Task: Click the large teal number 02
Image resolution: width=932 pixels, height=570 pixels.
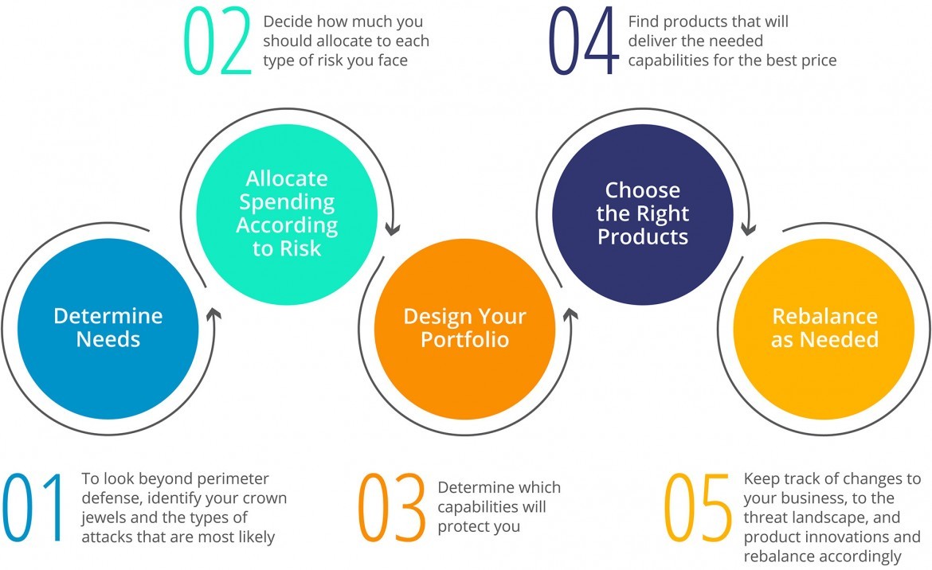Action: pos(217,41)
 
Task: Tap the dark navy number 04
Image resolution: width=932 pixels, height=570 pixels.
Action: pos(583,41)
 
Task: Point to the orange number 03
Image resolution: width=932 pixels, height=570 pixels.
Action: pos(391,507)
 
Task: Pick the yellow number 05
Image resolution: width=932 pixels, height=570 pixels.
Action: pos(698,507)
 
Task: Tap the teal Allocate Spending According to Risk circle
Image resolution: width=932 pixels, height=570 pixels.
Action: pos(287,213)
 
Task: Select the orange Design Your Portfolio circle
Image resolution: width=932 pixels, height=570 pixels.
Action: pos(464,328)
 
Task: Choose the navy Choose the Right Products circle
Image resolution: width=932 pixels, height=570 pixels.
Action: pos(642,213)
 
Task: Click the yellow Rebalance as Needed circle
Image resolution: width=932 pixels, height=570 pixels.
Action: pos(824,328)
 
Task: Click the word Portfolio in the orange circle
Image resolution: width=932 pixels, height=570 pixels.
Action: pos(464,340)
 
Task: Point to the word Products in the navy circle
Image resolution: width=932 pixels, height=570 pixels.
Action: pos(642,236)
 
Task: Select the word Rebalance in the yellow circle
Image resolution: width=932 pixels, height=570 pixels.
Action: pos(824,316)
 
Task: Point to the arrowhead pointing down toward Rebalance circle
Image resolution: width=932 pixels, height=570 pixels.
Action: pos(747,229)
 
